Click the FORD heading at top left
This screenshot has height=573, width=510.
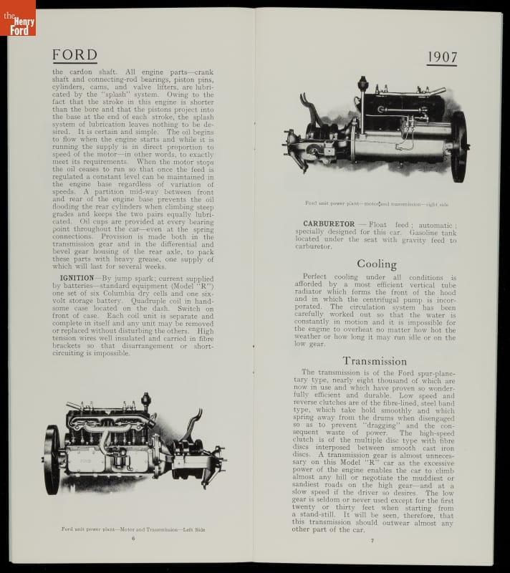click(x=74, y=55)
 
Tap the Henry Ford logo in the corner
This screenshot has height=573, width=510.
click(x=17, y=17)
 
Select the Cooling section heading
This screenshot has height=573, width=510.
click(x=376, y=264)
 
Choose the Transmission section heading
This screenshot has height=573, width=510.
click(x=376, y=360)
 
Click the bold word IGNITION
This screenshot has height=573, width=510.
click(x=77, y=278)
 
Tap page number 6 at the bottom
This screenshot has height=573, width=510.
click(x=133, y=538)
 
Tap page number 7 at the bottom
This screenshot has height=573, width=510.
click(x=372, y=539)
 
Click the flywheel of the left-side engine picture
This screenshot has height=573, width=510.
click(x=52, y=458)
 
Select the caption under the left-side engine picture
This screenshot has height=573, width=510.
click(x=133, y=529)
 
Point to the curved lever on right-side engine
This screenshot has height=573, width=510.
click(x=309, y=107)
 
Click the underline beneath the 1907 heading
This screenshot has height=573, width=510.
click(x=441, y=66)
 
